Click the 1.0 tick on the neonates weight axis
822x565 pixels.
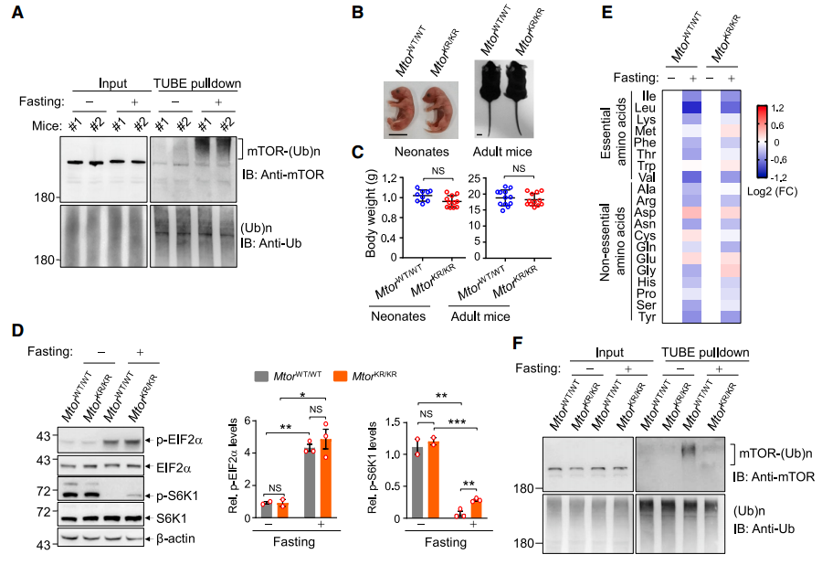[x=390, y=197]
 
